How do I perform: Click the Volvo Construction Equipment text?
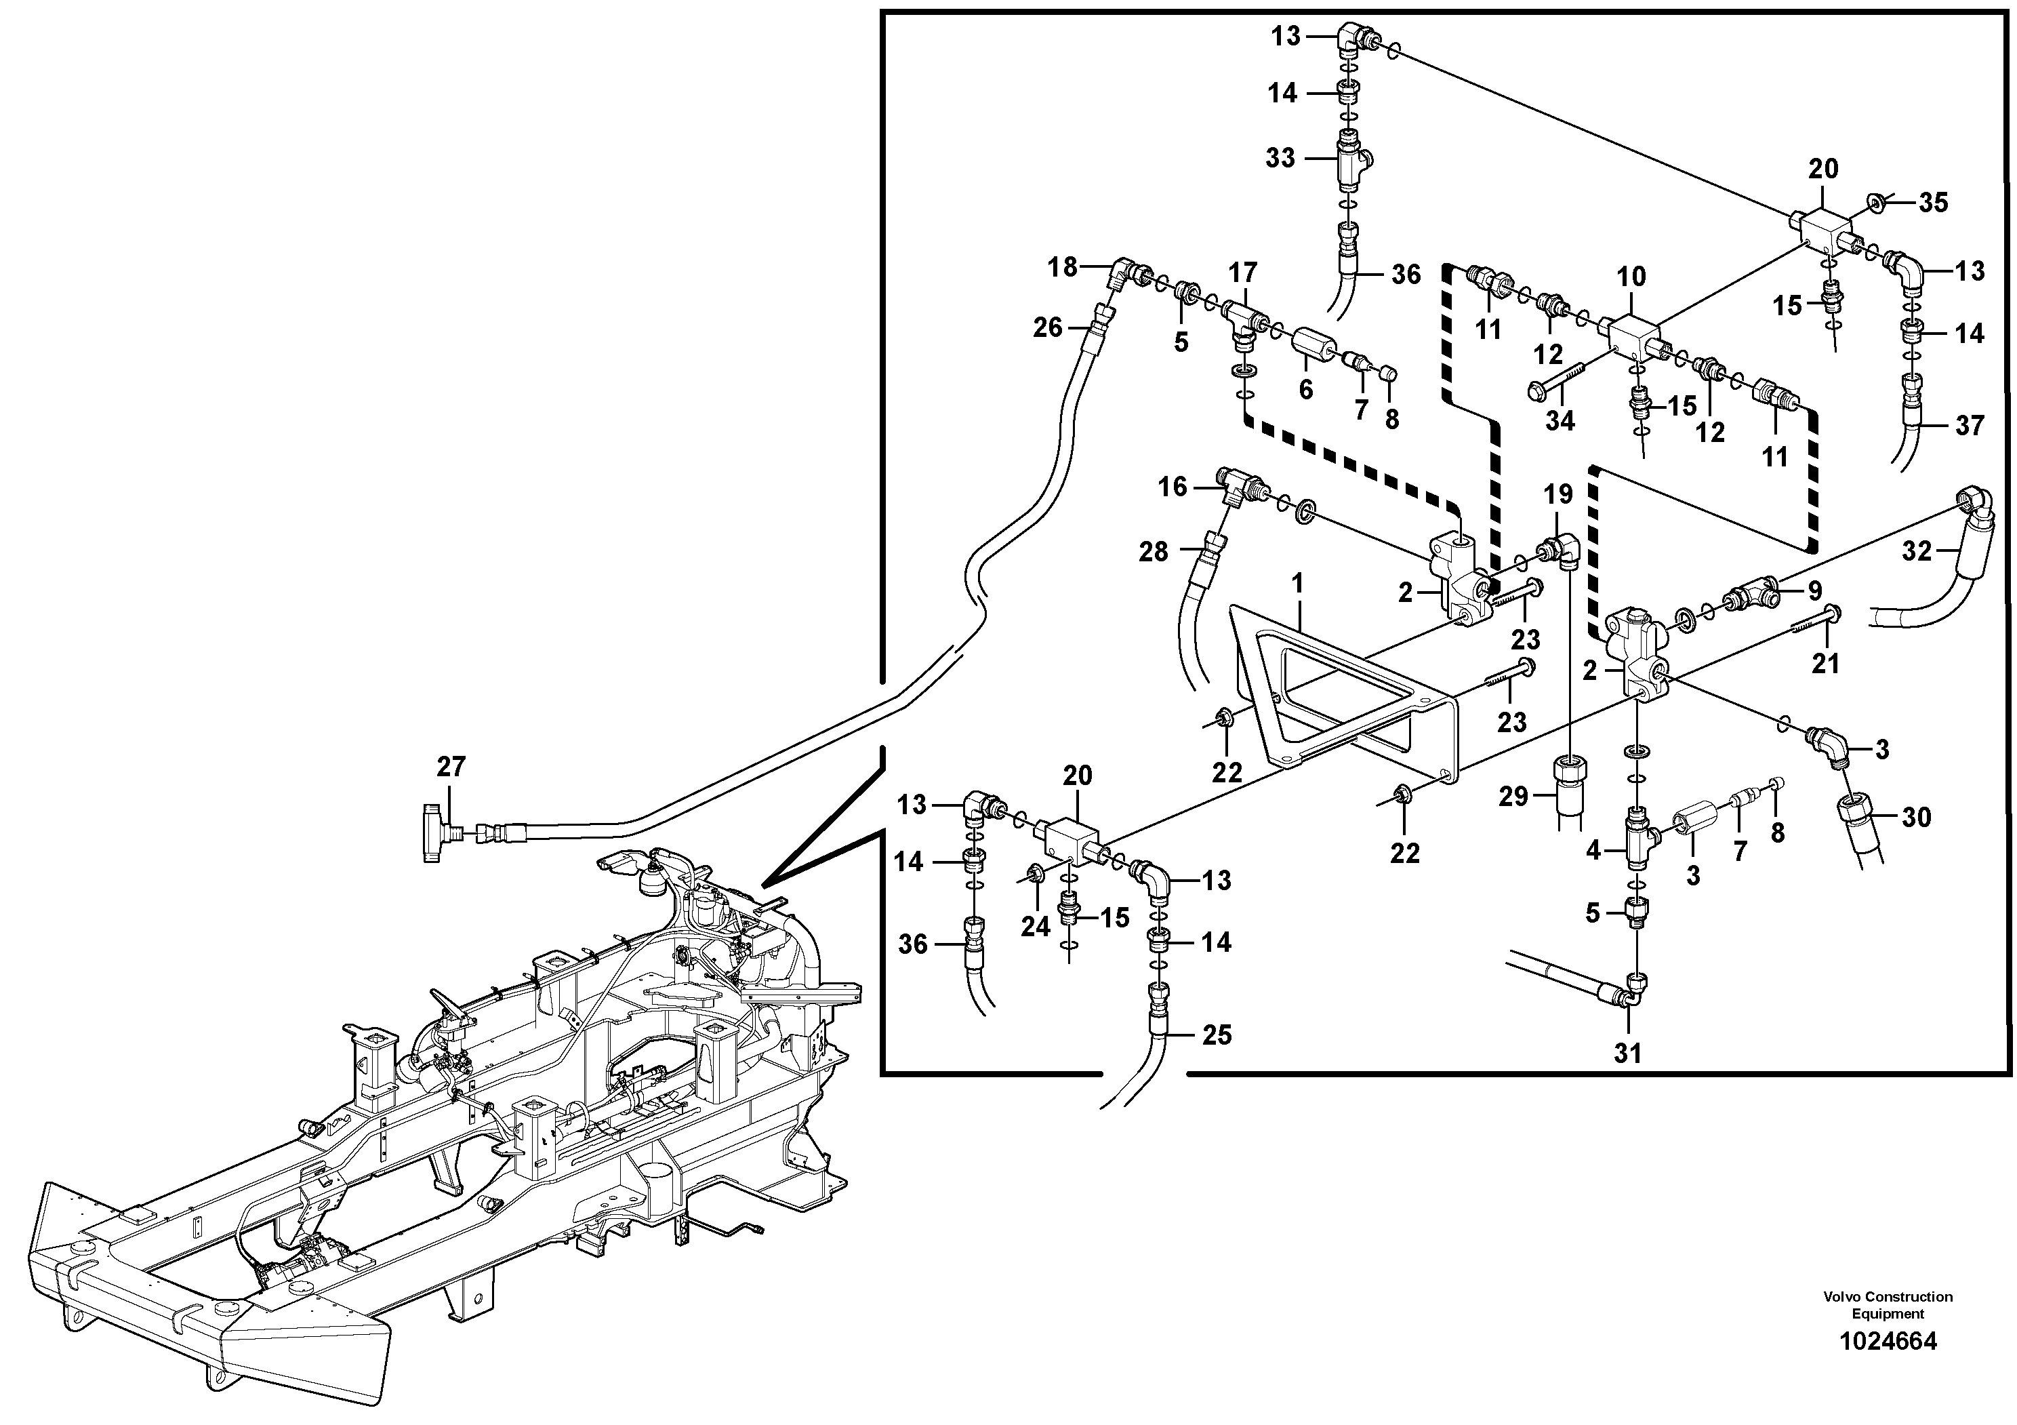(x=1887, y=1329)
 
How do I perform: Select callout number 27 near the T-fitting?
(x=451, y=767)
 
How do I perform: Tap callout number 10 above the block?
(x=1631, y=277)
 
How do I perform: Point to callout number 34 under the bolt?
(x=1560, y=421)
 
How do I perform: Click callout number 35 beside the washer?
(x=1934, y=203)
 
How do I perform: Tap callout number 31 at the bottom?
(x=1627, y=1053)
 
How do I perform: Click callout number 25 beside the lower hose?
(x=1217, y=1035)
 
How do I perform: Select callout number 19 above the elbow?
(x=1557, y=495)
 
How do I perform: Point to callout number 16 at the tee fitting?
(x=1172, y=487)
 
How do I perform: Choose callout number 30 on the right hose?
(x=1916, y=817)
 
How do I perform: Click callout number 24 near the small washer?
(x=1036, y=926)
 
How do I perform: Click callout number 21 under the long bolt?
(x=1825, y=664)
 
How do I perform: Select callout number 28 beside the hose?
(x=1154, y=551)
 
